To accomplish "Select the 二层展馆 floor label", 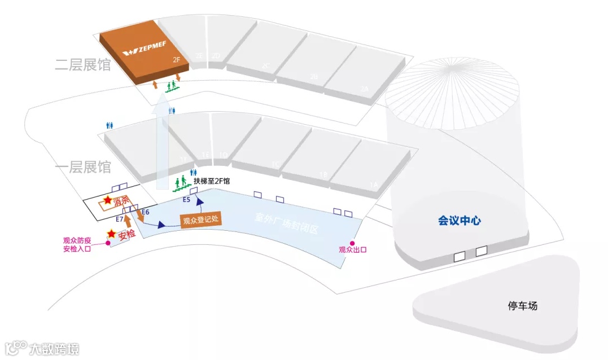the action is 82,64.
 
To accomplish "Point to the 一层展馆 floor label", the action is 82,167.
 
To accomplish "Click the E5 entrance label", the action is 186,199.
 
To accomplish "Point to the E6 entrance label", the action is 146,212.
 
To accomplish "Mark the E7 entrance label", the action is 119,218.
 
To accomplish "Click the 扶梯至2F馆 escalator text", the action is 212,181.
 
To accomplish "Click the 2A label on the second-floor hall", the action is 364,89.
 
